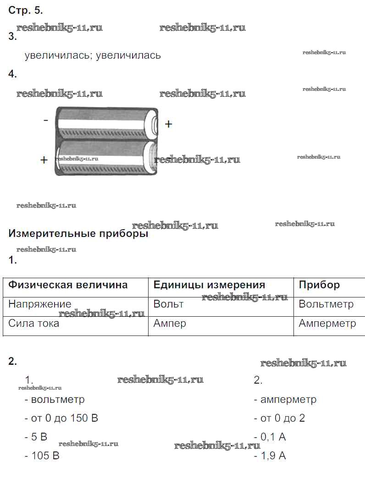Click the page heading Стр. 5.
[26, 11]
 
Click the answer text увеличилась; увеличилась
[93, 55]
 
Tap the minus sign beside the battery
[45, 120]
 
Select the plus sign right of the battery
[168, 124]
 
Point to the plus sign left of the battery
[44, 160]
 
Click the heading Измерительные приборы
[78, 234]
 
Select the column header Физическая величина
[68, 285]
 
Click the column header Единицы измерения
[209, 285]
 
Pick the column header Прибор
[319, 285]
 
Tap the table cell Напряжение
[40, 304]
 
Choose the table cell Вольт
[168, 304]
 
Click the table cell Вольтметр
[326, 304]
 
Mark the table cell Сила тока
[34, 323]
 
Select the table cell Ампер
[170, 324]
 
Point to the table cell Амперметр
[327, 324]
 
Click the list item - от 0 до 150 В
[61, 418]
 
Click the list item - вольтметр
[55, 399]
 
